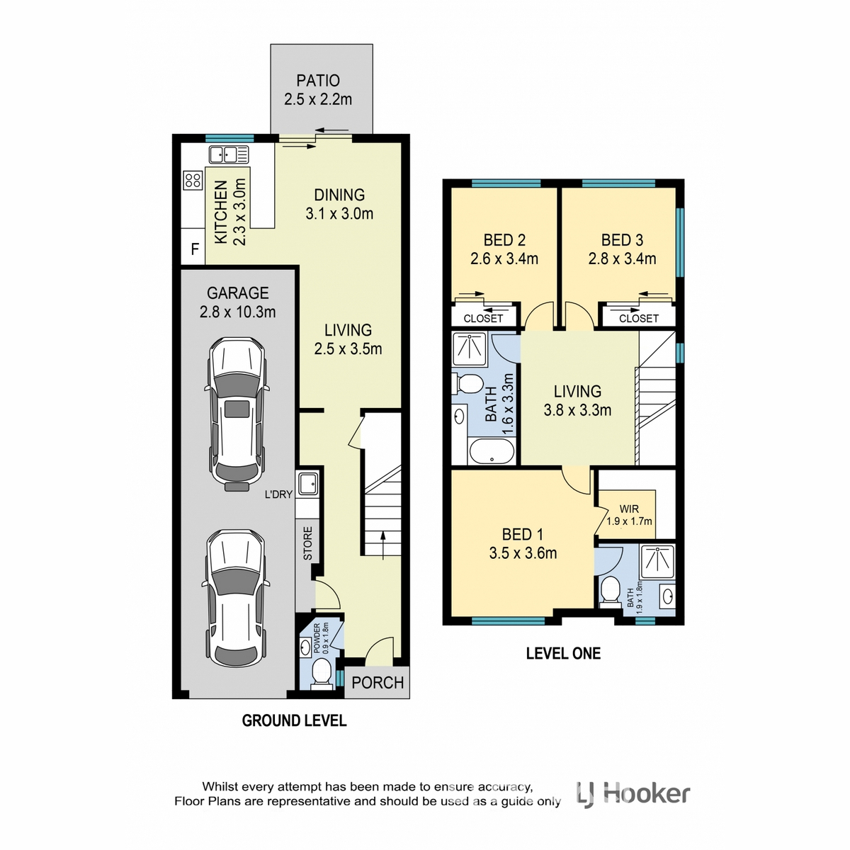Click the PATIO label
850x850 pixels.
(318, 81)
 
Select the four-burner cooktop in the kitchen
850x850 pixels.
(193, 181)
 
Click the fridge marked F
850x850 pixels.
(195, 249)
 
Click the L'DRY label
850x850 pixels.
(278, 494)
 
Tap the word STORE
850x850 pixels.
(308, 543)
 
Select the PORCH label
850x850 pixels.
(378, 683)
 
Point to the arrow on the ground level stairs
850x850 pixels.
(383, 545)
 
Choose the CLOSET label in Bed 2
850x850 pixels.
(484, 318)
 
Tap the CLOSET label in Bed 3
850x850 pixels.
(639, 318)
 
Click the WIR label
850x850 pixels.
(628, 509)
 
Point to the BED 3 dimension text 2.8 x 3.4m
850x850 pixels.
(622, 259)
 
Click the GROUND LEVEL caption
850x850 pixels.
(294, 721)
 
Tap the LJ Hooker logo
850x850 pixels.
(633, 795)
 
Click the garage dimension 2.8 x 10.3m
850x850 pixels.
(238, 312)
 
